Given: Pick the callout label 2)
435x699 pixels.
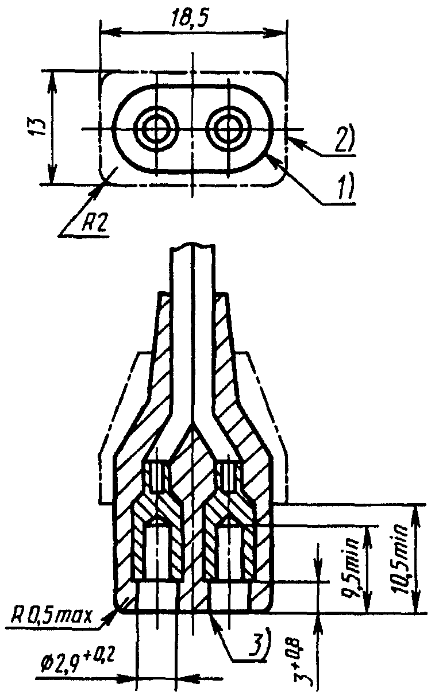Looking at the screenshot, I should pos(344,139).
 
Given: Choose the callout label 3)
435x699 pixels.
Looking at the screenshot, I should pos(255,645).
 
